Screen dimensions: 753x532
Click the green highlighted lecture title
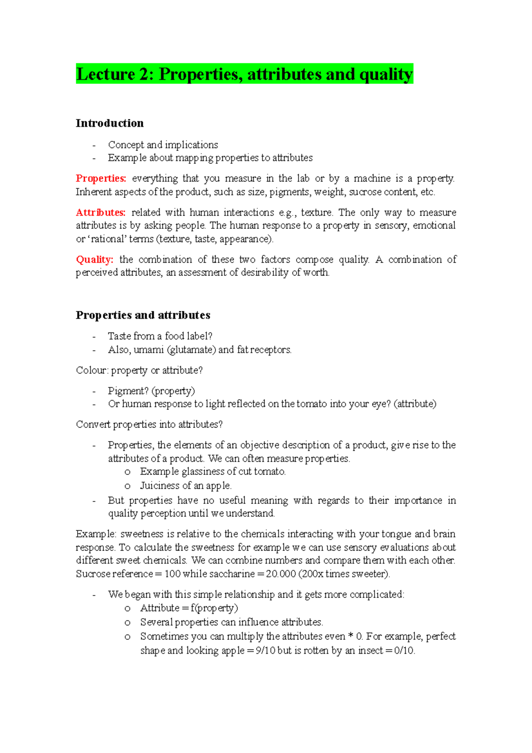[x=244, y=74]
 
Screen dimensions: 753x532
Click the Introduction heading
[x=110, y=123]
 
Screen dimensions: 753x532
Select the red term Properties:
[x=101, y=179]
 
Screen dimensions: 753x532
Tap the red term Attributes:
[x=101, y=213]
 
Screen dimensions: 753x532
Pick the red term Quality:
[x=94, y=260]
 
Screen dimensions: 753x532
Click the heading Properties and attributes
[x=143, y=315]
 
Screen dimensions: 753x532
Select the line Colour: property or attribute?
[x=139, y=371]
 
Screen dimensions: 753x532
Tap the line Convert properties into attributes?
[x=149, y=425]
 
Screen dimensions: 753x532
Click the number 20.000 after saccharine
[x=281, y=574]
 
